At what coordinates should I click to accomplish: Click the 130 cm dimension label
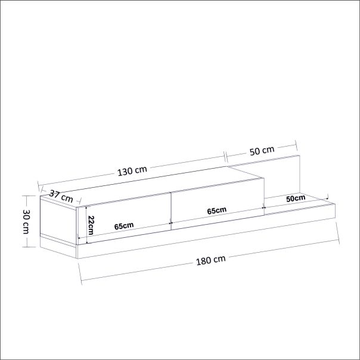132,170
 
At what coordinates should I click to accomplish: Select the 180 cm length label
211,260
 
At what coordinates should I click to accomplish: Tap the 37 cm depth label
61,195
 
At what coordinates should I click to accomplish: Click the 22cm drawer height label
91,226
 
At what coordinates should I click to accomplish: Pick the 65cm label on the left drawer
123,226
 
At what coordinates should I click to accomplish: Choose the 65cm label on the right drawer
216,210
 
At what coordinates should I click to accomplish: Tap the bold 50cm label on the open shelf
296,198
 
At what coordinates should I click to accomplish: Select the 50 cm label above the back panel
262,151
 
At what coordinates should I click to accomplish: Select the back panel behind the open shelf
283,176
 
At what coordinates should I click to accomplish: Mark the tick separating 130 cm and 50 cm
226,156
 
